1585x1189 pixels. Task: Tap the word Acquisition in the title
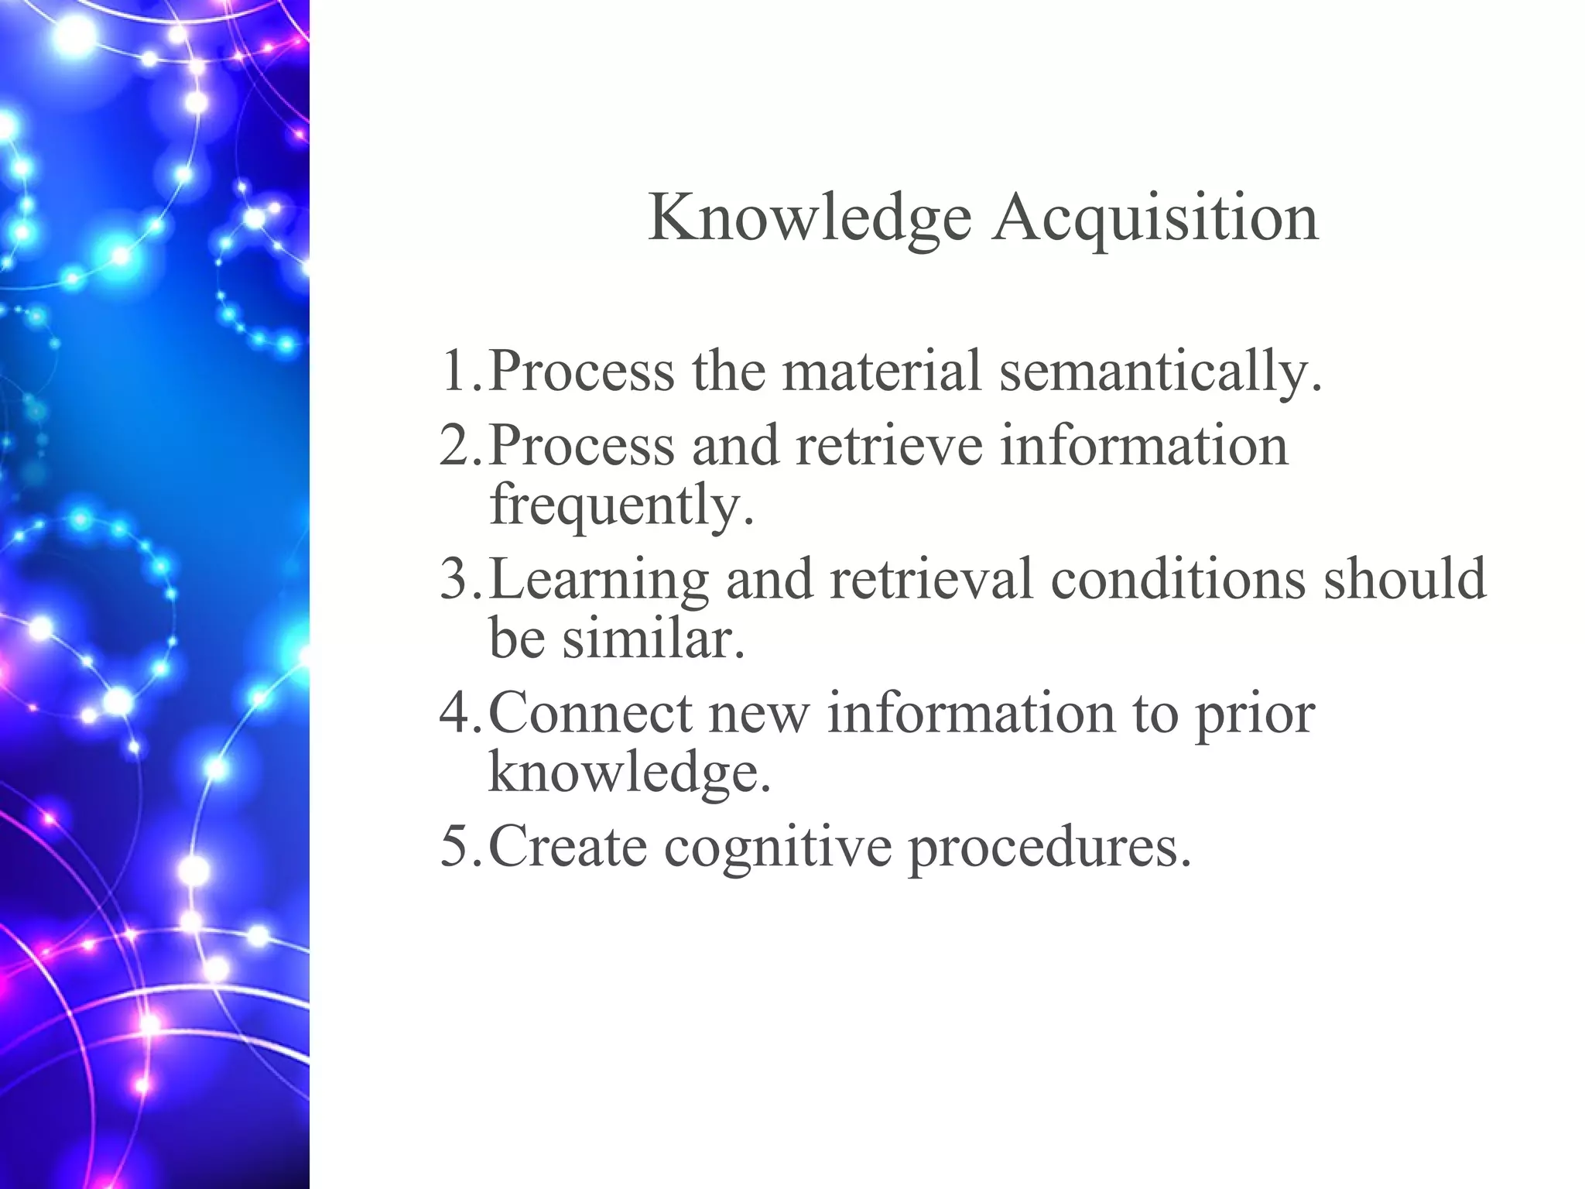click(1156, 219)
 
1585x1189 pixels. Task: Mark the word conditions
click(1177, 580)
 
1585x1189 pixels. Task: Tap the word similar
click(653, 639)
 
